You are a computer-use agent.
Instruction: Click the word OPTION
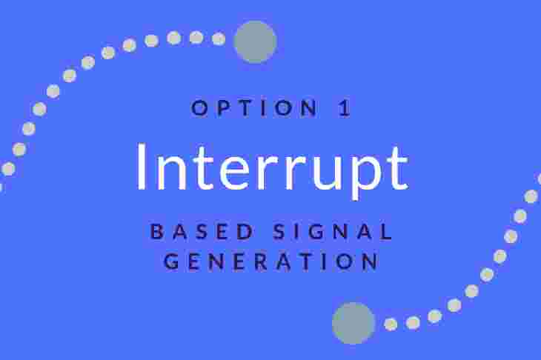tap(254, 107)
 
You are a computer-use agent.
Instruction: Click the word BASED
tap(202, 231)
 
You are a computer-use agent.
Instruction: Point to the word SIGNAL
tap(333, 231)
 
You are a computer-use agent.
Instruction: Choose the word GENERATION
tap(271, 261)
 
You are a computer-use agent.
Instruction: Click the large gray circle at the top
tap(256, 41)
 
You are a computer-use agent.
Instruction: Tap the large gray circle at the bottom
tap(354, 323)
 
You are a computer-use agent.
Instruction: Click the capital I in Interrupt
tap(141, 166)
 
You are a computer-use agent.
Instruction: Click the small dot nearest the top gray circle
tap(219, 39)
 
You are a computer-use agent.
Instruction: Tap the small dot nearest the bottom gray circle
tap(391, 324)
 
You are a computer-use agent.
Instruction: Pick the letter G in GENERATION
tap(171, 261)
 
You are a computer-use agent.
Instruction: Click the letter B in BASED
tap(157, 231)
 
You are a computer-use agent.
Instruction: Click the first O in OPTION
tap(199, 107)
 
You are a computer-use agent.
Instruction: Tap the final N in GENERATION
tap(371, 261)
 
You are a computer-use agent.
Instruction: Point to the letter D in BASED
tap(246, 231)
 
